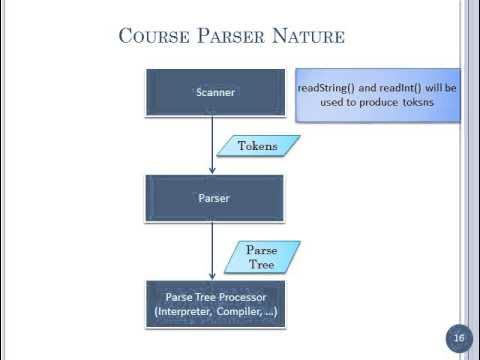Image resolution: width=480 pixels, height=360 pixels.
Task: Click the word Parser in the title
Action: [x=233, y=37]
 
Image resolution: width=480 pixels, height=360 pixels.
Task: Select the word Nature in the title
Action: [x=309, y=37]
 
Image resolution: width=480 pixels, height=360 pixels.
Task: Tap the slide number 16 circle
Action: [x=459, y=338]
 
